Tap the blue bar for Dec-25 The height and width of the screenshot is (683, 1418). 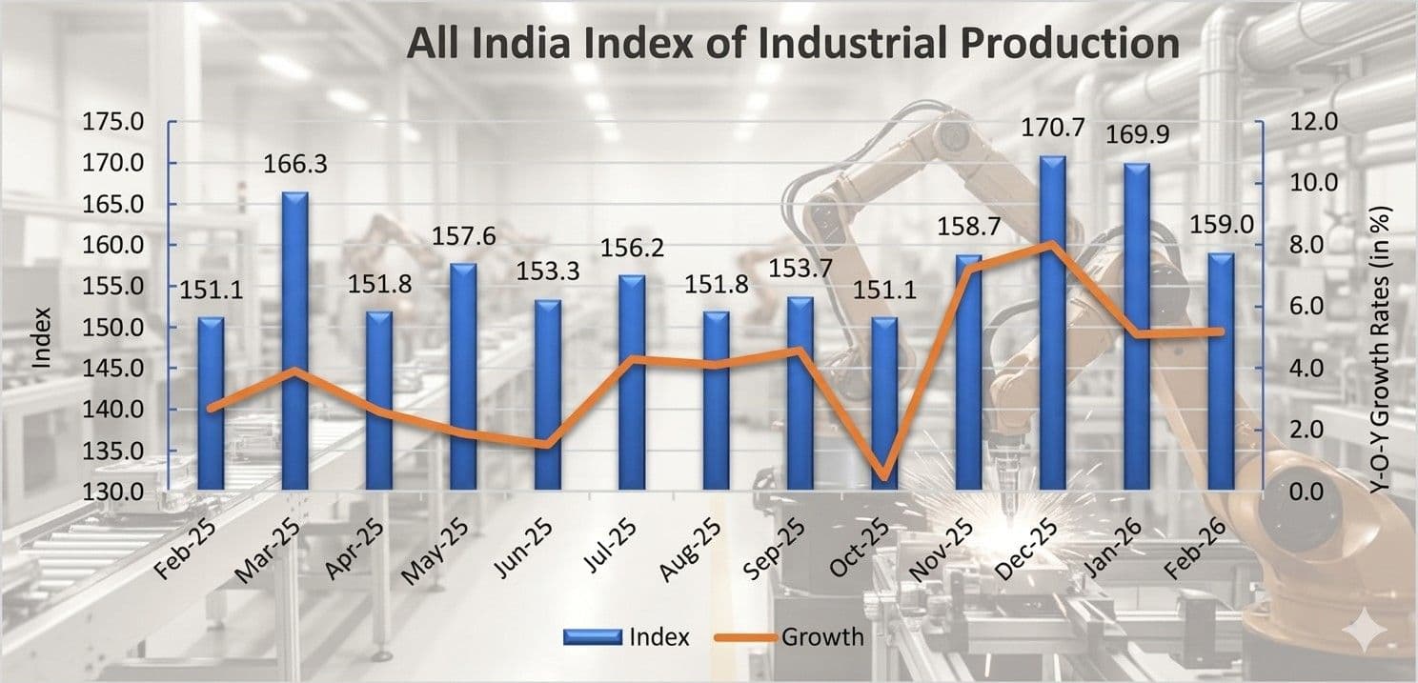[1052, 324]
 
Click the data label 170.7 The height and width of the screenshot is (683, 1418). [1052, 127]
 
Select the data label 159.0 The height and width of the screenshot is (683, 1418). [1220, 227]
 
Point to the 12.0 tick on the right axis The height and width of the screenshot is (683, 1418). [1313, 122]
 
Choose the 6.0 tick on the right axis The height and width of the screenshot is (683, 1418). [1313, 307]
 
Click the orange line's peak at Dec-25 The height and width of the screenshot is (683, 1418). [1050, 245]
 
